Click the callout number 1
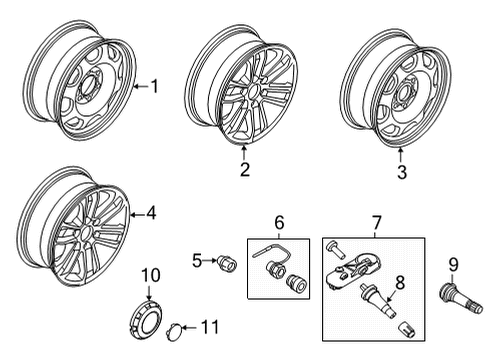(x=153, y=87)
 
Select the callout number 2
(x=244, y=169)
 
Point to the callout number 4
(x=151, y=212)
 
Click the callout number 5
(x=198, y=262)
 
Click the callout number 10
(x=149, y=275)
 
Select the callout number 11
(x=208, y=327)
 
